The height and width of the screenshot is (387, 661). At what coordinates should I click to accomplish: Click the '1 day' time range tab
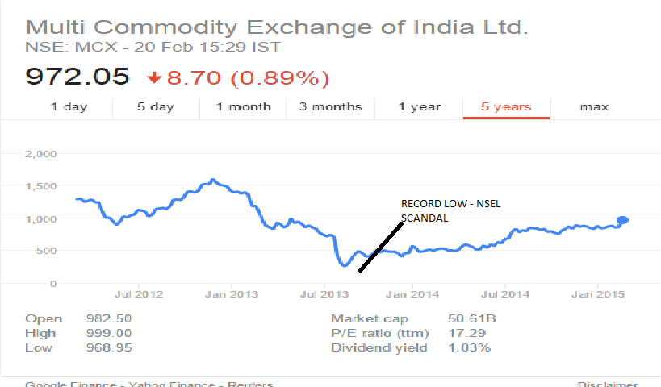tap(69, 106)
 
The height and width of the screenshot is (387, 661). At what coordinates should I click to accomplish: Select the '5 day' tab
tap(155, 106)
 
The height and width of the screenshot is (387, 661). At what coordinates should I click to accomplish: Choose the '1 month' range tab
tap(244, 106)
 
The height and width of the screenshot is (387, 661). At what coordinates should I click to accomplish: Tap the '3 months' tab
tap(330, 106)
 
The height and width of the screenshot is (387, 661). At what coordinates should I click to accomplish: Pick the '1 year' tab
tap(420, 106)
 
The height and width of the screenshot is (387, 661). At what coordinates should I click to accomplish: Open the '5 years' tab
tap(506, 106)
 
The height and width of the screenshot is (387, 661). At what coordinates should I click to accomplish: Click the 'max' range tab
tap(594, 106)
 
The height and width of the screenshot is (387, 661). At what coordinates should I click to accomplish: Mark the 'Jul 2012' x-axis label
tap(139, 294)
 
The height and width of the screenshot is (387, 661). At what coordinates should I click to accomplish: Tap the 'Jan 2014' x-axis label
tap(412, 294)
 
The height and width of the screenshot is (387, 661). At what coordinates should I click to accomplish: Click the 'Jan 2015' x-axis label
tap(596, 294)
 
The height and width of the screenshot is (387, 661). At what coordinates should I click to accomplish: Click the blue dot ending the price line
tap(623, 220)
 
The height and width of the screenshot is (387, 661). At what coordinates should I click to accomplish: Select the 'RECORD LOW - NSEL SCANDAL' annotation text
tap(450, 210)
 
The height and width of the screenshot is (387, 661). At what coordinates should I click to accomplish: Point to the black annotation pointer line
tap(381, 246)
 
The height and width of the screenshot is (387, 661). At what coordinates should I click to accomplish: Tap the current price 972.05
tap(77, 77)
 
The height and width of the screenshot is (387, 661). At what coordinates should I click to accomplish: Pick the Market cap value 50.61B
tap(471, 319)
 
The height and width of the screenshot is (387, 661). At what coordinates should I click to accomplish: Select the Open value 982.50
tap(108, 319)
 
